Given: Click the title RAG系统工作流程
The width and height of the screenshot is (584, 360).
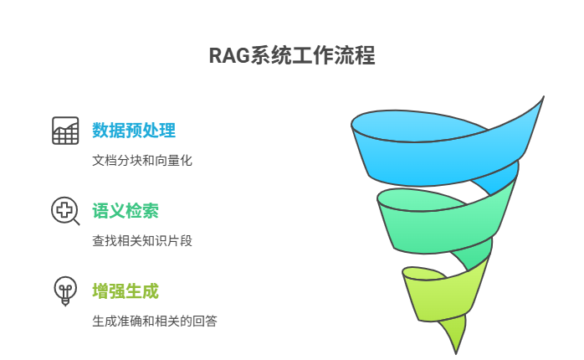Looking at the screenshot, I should click(x=291, y=55).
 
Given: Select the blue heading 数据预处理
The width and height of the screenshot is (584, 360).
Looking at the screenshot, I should click(x=133, y=131).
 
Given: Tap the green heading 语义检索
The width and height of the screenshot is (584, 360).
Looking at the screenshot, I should click(x=125, y=211).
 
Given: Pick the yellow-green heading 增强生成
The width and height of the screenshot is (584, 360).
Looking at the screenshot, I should click(x=125, y=291).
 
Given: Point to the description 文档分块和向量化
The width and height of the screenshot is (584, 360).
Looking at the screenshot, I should click(x=141, y=160).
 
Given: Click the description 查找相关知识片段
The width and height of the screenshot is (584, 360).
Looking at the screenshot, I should click(x=141, y=240).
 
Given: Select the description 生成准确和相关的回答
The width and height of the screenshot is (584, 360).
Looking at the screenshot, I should click(x=154, y=321).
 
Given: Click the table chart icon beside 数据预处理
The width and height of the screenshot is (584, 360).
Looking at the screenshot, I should click(x=65, y=131).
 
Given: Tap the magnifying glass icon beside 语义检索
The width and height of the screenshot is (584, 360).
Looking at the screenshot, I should click(x=64, y=210).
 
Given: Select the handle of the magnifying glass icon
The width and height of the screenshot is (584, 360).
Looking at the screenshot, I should click(x=76, y=222).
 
